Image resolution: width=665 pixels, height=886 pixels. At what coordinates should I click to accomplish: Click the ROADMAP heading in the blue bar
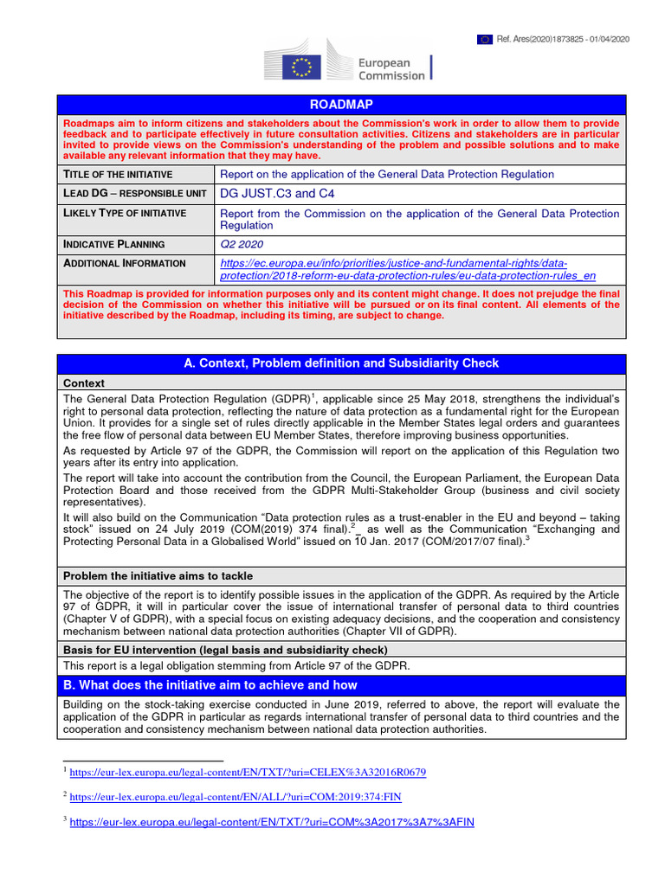pyautogui.click(x=351, y=105)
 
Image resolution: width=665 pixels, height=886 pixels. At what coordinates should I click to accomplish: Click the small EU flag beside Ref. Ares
pyautogui.click(x=485, y=39)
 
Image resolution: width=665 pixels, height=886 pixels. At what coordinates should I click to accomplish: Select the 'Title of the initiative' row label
pyautogui.click(x=118, y=174)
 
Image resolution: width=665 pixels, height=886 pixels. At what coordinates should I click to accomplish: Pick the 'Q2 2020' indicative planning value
pyautogui.click(x=241, y=244)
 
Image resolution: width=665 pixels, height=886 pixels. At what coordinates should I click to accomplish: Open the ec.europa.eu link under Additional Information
pyautogui.click(x=408, y=269)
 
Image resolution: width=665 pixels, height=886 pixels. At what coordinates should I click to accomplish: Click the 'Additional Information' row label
pyautogui.click(x=125, y=263)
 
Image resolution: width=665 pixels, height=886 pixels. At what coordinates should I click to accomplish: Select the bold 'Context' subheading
pyautogui.click(x=84, y=382)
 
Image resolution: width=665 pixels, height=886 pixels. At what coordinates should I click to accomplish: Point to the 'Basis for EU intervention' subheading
pyautogui.click(x=225, y=649)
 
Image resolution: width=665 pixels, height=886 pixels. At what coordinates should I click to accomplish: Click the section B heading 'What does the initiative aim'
pyautogui.click(x=210, y=685)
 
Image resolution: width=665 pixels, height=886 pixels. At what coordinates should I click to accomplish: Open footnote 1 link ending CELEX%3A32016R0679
pyautogui.click(x=248, y=772)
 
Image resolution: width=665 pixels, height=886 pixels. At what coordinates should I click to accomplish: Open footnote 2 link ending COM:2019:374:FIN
pyautogui.click(x=236, y=797)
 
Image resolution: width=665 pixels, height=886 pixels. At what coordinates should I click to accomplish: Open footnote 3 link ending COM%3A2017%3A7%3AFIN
pyautogui.click(x=272, y=822)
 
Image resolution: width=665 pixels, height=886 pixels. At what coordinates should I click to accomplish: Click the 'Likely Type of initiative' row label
pyautogui.click(x=125, y=213)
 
